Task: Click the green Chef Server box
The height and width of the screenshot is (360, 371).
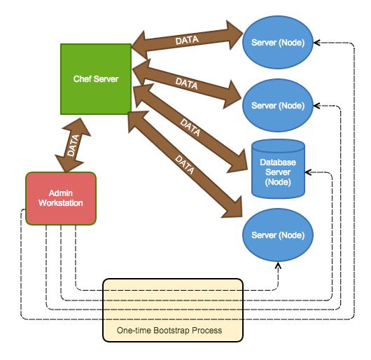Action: click(96, 79)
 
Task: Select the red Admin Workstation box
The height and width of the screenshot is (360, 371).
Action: click(61, 198)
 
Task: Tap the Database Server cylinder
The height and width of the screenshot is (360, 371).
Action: click(278, 169)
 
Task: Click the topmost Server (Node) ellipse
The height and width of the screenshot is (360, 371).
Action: click(278, 42)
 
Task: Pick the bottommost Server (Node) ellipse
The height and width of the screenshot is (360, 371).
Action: click(278, 235)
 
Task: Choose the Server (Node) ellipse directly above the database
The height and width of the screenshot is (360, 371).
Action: click(278, 106)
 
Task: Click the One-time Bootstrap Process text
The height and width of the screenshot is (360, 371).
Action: click(169, 331)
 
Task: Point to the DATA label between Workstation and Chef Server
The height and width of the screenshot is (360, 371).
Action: click(73, 145)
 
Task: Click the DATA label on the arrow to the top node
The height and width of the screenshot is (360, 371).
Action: click(187, 40)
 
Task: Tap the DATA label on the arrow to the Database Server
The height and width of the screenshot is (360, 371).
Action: click(190, 127)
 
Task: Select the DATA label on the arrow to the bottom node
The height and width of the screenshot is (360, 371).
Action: click(185, 165)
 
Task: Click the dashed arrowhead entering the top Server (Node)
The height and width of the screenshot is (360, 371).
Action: click(317, 43)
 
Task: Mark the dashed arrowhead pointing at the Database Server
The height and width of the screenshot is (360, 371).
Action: click(308, 172)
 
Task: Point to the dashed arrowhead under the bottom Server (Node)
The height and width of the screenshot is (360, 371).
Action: click(279, 265)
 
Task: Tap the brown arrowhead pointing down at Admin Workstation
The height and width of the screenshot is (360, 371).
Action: click(68, 164)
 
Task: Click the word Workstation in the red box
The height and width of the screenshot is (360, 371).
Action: click(61, 203)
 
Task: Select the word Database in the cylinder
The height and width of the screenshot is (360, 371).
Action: click(278, 162)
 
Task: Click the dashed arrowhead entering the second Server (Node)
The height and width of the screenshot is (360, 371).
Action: click(317, 106)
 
